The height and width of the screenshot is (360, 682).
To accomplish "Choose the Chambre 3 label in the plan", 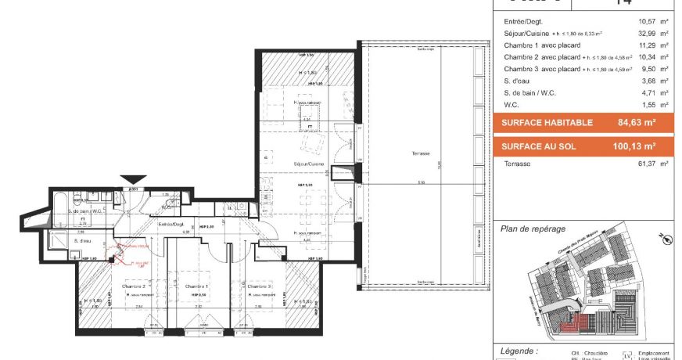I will (260, 286).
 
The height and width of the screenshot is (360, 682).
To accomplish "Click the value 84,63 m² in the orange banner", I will (636, 123).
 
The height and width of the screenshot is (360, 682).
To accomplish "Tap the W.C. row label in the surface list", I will (513, 104).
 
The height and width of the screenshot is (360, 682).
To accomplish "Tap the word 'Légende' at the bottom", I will (518, 351).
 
